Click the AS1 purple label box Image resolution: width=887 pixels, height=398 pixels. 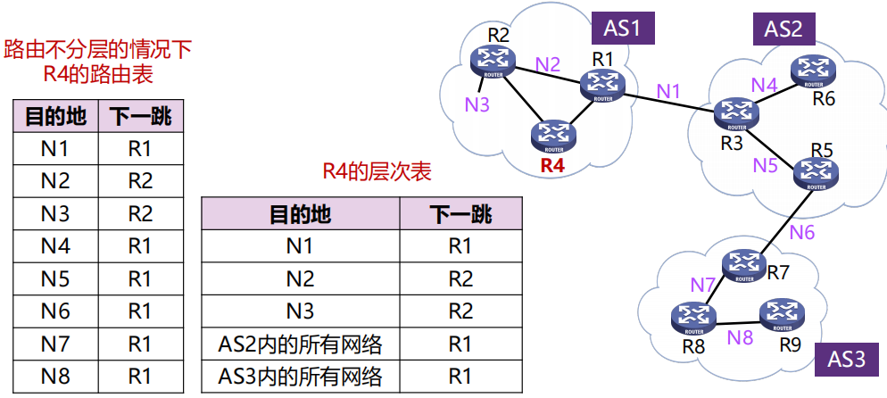pos(623,28)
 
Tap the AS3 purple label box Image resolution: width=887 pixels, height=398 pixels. pos(847,360)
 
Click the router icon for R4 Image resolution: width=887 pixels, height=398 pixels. pos(553,136)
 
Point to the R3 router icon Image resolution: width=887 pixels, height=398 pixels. pos(735,112)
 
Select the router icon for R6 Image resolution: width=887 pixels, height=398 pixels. pos(811,70)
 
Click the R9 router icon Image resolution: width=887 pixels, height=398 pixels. pos(782,312)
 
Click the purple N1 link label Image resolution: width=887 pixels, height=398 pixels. pos(668,90)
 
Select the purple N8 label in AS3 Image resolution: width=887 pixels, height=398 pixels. pos(739,337)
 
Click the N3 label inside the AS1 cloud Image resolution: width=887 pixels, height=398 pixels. pos(477,104)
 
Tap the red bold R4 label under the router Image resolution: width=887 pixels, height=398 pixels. pos(552,166)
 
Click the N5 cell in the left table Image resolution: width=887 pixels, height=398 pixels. pos(54,278)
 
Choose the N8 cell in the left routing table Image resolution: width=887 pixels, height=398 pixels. pos(54,376)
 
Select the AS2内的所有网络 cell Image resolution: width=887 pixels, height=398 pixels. pos(300,344)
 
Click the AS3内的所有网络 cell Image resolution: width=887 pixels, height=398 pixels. pos(300,377)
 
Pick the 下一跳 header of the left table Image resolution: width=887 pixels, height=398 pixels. pos(140,116)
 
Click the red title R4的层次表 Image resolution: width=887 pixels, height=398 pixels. pos(377,171)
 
